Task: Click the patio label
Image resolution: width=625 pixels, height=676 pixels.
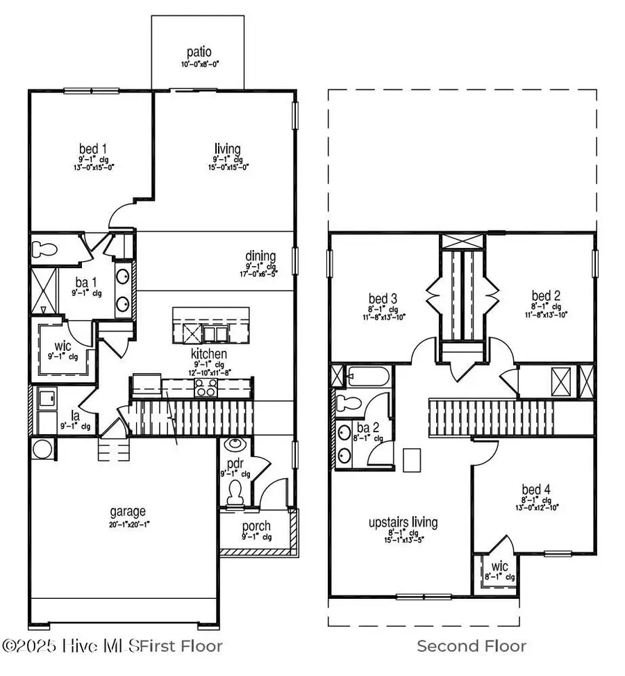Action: tap(198, 52)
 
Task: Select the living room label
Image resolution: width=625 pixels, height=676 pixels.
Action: tap(228, 149)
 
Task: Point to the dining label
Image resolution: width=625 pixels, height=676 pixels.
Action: tap(260, 256)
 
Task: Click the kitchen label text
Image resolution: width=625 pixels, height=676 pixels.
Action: tap(209, 354)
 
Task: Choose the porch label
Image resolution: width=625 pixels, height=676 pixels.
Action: tap(256, 526)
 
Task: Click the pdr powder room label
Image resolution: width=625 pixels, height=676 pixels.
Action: tap(233, 463)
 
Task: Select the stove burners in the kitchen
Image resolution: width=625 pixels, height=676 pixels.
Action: tap(206, 388)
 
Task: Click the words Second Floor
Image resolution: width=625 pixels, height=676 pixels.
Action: tap(472, 646)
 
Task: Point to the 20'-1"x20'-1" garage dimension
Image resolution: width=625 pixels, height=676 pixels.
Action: tap(126, 525)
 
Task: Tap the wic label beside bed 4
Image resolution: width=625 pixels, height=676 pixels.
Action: tap(497, 566)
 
